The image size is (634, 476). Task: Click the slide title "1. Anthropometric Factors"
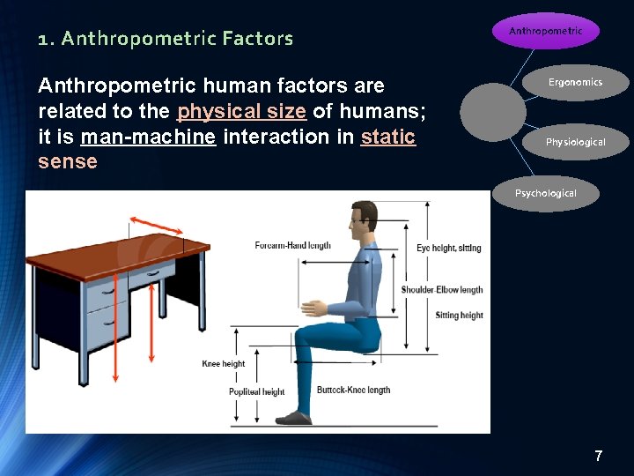coord(166,39)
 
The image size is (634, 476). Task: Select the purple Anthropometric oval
coord(545,31)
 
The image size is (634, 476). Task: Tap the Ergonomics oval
coord(575,83)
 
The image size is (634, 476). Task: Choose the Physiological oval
coord(575,142)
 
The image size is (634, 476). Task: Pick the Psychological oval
coord(545,193)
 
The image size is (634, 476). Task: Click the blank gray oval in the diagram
coord(498,112)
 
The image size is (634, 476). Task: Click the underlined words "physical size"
coord(242,111)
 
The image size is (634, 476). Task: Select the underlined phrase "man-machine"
coord(148,137)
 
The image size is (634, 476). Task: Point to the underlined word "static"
coord(387,137)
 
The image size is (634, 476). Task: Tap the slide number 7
coord(599,456)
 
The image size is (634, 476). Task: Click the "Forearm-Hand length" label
coord(293,245)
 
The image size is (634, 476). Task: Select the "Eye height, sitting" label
coord(449,249)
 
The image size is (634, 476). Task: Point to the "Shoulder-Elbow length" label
coord(442,290)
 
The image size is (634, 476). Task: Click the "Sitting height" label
coord(459,316)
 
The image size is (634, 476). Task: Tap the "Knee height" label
coord(224,364)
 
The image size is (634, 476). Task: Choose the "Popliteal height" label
coord(257,392)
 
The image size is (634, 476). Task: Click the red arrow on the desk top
coord(157,224)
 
